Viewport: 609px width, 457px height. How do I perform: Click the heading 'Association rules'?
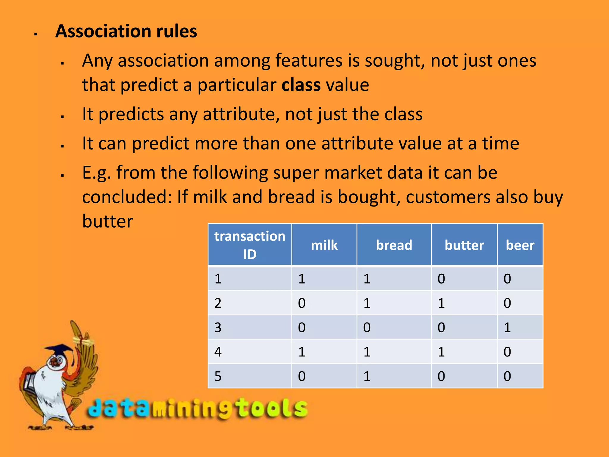[126, 31]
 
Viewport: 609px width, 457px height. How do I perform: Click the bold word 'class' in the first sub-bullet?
[301, 85]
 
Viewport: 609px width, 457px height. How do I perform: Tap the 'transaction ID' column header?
[249, 245]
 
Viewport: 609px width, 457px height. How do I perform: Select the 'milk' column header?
[324, 245]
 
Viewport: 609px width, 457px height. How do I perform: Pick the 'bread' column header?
[394, 245]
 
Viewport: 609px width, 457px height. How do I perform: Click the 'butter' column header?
[464, 245]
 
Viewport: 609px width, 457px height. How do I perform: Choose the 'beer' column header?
[520, 245]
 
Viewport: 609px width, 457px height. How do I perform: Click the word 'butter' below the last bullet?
[108, 221]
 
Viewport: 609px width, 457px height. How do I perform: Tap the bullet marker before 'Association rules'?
[36, 34]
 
